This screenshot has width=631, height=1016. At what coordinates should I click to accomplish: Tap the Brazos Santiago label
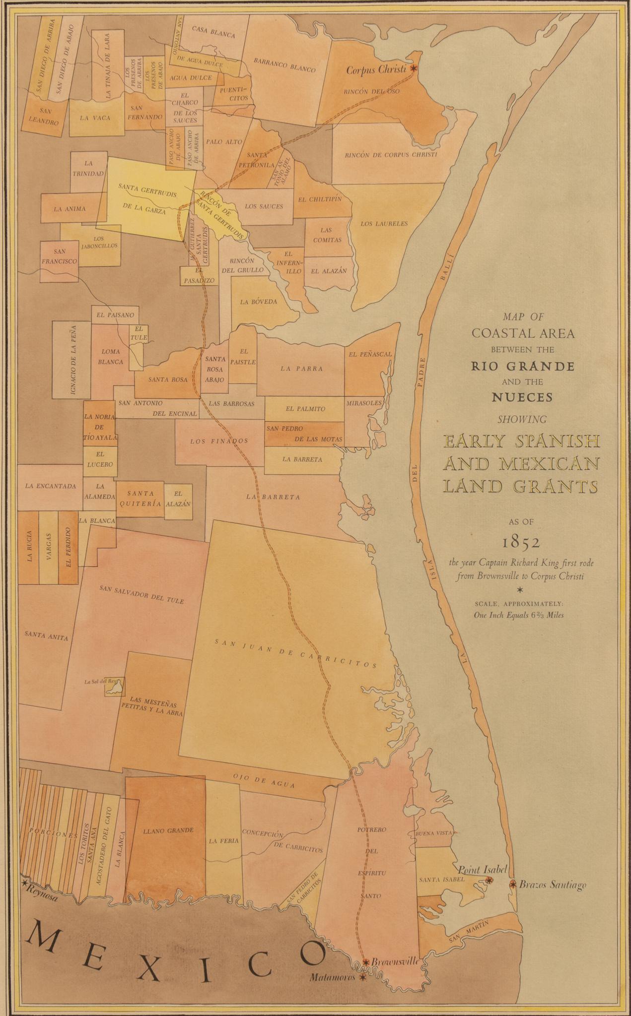click(553, 885)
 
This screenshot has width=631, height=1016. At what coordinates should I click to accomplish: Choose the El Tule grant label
click(139, 333)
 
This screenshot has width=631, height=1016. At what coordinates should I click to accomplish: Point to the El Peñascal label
click(370, 354)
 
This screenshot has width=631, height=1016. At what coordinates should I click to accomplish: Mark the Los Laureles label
click(384, 224)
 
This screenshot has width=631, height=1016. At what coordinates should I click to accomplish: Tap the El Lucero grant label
click(100, 459)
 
